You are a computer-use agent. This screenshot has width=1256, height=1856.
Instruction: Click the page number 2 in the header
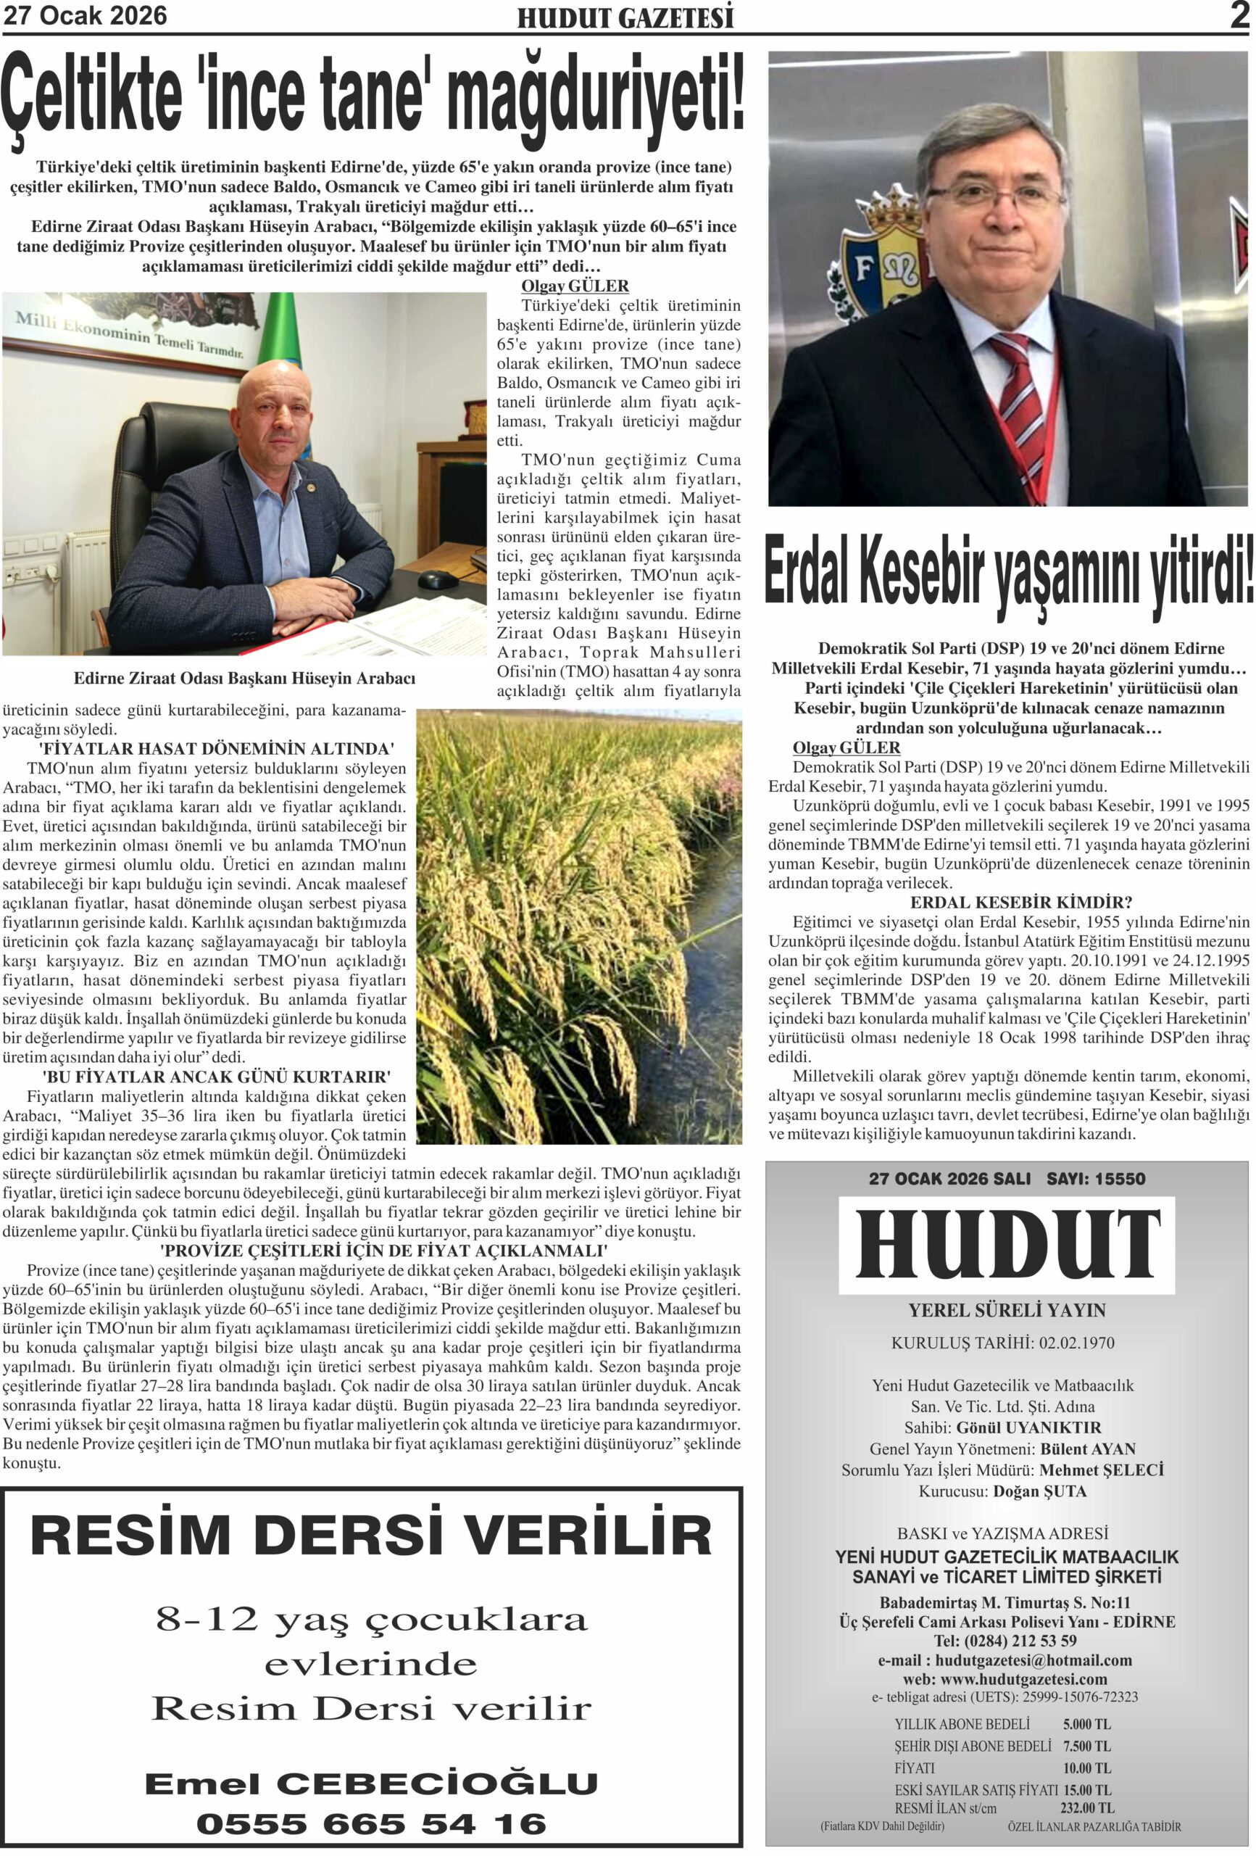(1239, 16)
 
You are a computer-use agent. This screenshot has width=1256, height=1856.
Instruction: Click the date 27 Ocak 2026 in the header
(86, 16)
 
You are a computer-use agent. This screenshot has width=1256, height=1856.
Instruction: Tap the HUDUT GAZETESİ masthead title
(625, 18)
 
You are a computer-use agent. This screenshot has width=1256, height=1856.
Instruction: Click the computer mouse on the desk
(438, 579)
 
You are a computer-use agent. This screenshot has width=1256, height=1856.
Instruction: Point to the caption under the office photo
(244, 678)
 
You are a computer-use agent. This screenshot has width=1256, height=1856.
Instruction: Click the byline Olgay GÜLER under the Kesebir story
(846, 747)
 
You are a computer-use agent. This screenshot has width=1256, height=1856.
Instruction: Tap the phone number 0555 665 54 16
(371, 1823)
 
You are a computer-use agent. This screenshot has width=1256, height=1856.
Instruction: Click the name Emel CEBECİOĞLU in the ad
(371, 1783)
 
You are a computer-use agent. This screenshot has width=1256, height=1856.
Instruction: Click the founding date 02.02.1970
(1076, 1343)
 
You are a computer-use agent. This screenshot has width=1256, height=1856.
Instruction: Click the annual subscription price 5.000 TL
(1086, 1724)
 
